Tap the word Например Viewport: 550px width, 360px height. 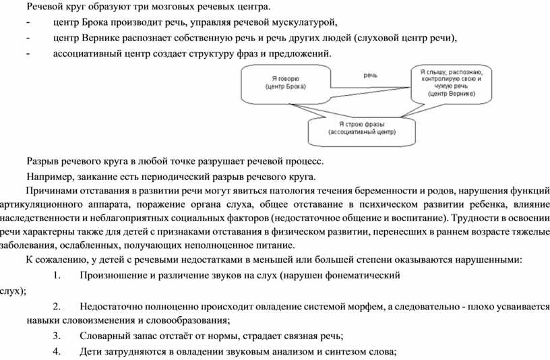51,177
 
